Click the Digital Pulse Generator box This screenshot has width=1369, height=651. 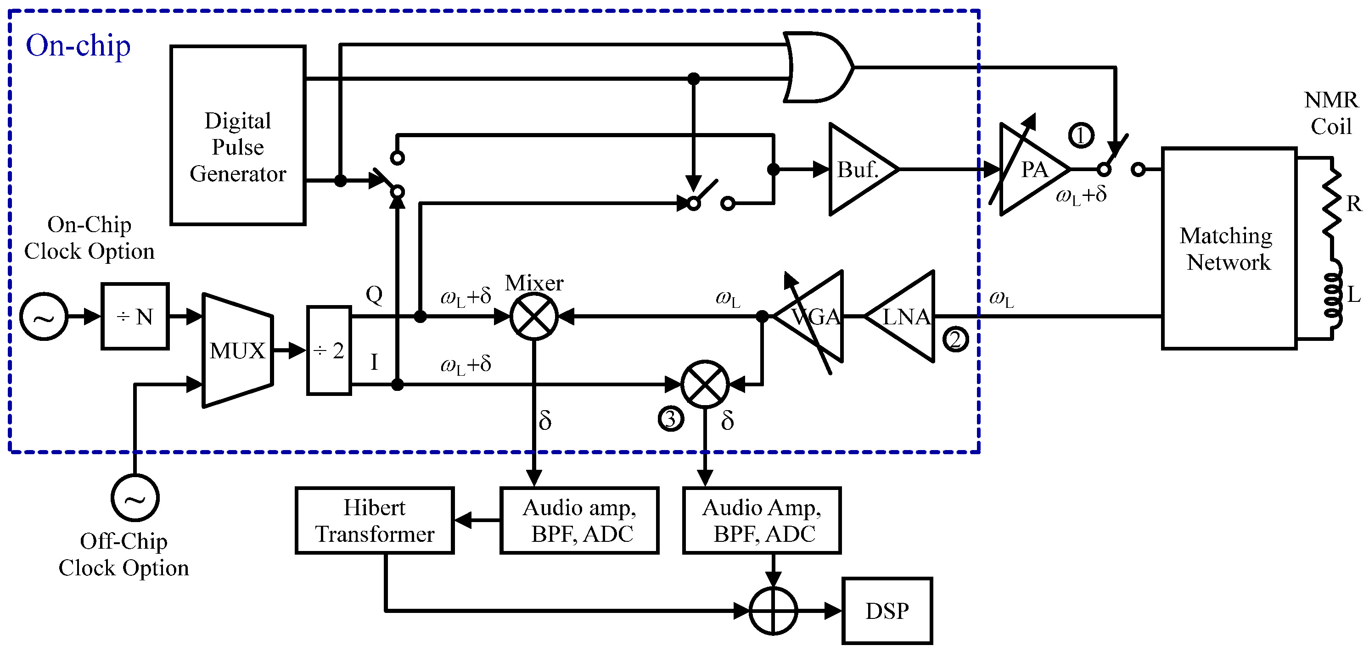point(237,135)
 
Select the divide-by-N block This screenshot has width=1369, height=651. point(135,317)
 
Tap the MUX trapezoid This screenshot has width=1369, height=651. point(237,351)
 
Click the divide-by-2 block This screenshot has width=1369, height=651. point(329,351)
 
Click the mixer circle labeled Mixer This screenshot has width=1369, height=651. point(533,317)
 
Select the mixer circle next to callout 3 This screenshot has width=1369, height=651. point(705,384)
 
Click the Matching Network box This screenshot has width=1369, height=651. point(1229,249)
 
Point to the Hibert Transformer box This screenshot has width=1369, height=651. point(374,520)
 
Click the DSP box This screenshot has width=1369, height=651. point(886,611)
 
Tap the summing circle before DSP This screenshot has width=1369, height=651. point(773,611)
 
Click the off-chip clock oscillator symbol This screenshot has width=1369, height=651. point(135,498)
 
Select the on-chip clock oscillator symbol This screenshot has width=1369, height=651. point(44,317)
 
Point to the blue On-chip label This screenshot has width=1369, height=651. point(78,46)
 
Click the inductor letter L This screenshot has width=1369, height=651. point(1353,294)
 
